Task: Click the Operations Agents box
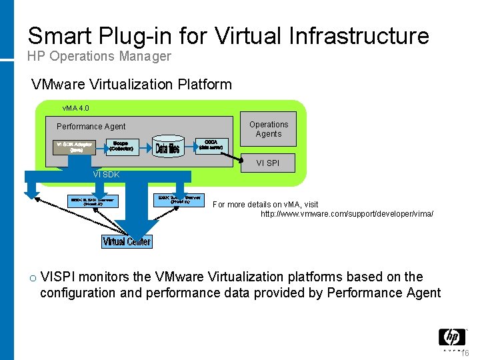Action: point(269,129)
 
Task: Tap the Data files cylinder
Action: point(167,148)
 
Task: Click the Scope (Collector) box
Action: point(121,146)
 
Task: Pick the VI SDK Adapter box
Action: point(74,147)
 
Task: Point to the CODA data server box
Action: point(212,145)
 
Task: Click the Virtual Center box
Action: point(127,241)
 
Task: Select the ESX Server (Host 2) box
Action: point(93,201)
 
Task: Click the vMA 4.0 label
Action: point(75,108)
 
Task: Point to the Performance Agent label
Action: point(91,127)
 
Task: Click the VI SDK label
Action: point(106,175)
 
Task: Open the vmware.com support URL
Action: point(347,214)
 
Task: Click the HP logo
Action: point(451,337)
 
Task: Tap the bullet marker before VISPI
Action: point(31,278)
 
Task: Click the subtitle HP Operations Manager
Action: point(99,57)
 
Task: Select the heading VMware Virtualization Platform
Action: point(132,85)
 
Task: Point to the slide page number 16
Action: point(465,353)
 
